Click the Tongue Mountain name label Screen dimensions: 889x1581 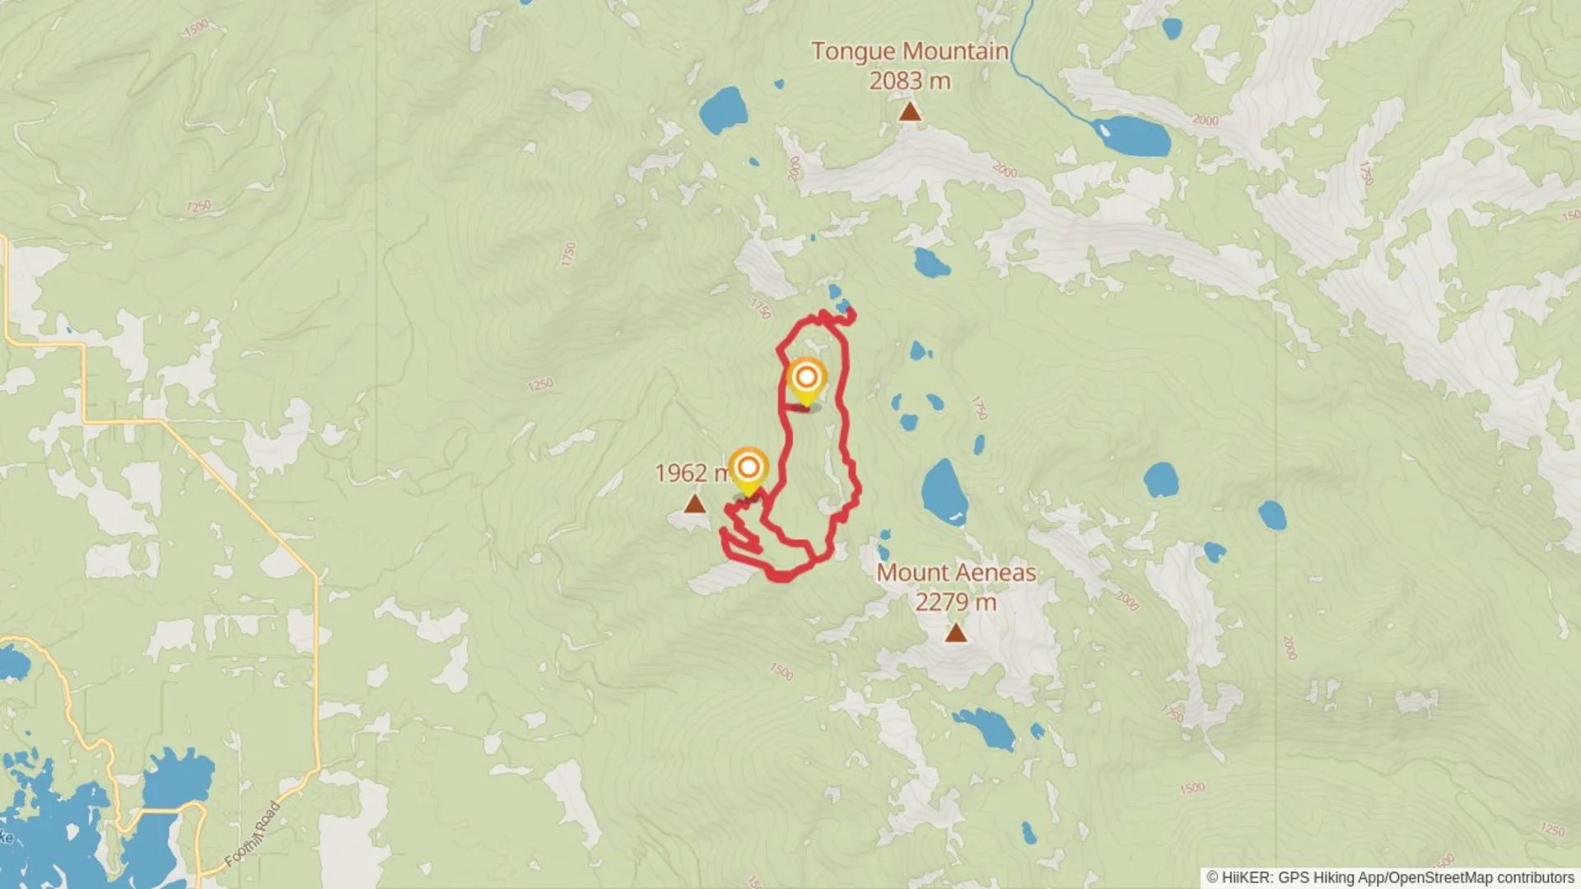[x=910, y=51]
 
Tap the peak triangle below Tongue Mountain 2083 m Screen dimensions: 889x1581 [x=909, y=111]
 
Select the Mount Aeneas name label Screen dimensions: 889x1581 [x=955, y=572]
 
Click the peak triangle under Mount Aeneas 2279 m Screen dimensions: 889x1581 [x=955, y=633]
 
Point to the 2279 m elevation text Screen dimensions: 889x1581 [x=955, y=603]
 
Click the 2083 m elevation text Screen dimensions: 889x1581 [x=910, y=81]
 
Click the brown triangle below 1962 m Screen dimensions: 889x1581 [x=695, y=504]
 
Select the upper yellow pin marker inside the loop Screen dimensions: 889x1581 [x=806, y=379]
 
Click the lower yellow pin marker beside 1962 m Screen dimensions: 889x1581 [x=748, y=469]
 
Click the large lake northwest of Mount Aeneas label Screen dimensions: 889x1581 [x=943, y=491]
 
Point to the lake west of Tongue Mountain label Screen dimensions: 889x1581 [x=723, y=110]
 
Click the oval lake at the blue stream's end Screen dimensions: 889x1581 [x=1132, y=136]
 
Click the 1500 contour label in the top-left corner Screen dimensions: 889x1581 [x=196, y=29]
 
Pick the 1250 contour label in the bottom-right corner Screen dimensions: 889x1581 [x=1552, y=829]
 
